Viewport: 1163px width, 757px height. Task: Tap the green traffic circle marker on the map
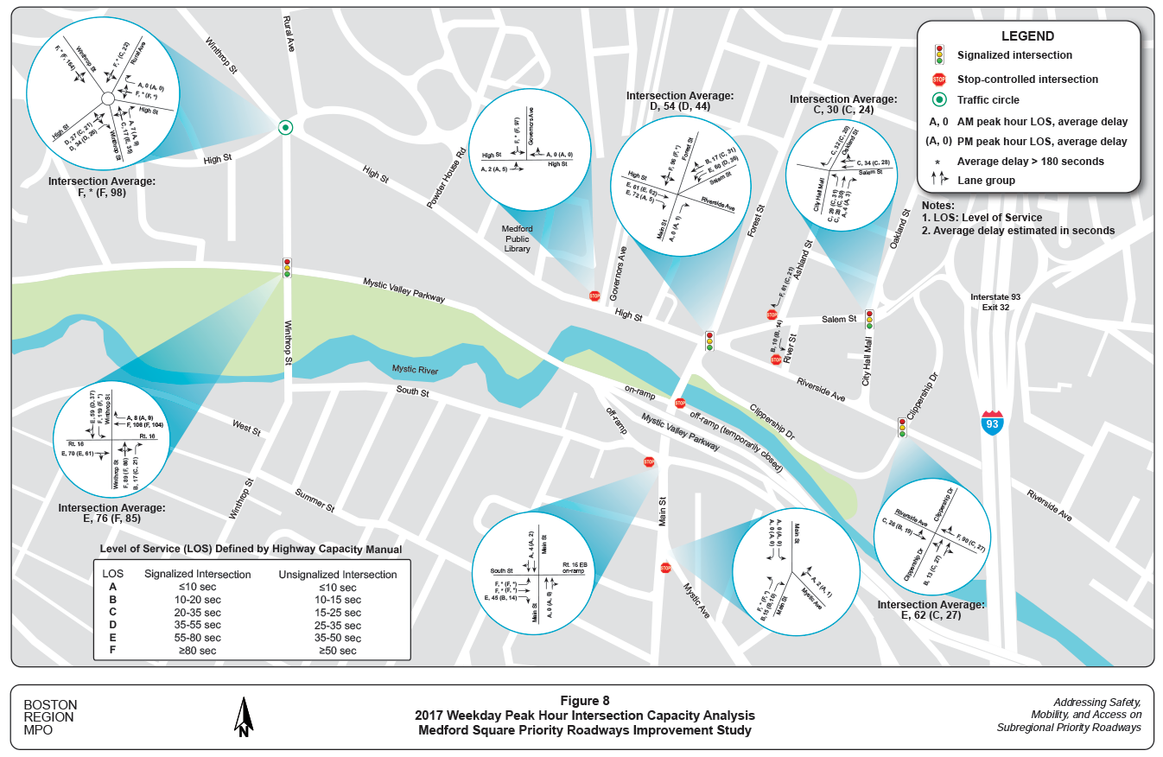coord(285,128)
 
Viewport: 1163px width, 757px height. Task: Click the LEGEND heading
coord(1027,36)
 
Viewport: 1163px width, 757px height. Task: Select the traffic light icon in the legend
coord(939,54)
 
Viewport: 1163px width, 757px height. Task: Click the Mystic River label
coord(415,370)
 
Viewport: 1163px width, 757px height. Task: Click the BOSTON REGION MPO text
coord(49,717)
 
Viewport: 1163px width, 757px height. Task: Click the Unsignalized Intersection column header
coord(338,574)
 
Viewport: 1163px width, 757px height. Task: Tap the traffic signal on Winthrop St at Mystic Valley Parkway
coord(287,268)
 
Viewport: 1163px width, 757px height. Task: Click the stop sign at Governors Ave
coord(594,296)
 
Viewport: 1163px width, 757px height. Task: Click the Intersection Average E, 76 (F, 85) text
coord(111,513)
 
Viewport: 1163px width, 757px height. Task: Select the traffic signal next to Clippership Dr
coord(902,427)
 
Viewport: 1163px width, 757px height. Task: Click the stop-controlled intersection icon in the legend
coord(939,80)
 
